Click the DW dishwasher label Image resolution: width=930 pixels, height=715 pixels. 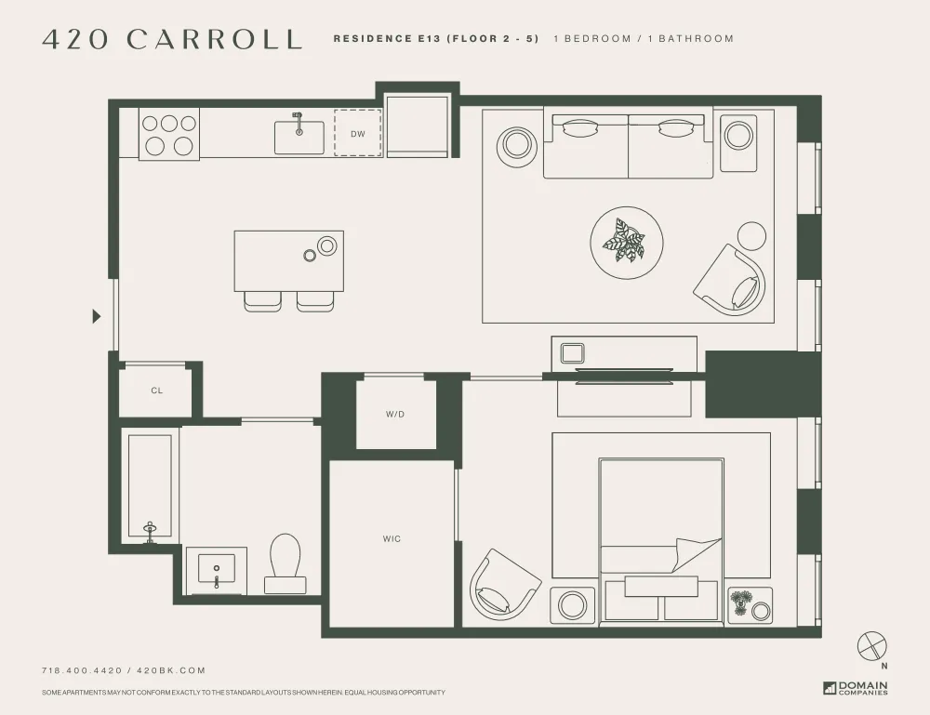(358, 134)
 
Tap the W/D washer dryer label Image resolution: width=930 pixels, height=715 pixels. (395, 414)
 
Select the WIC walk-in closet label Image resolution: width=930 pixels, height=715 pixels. (392, 538)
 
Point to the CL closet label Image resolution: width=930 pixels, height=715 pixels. (156, 391)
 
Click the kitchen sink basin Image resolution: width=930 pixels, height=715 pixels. (299, 137)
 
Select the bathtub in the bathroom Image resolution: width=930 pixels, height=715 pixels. (150, 486)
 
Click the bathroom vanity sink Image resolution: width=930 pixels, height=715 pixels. (217, 568)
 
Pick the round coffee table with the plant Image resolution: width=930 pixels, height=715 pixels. (626, 242)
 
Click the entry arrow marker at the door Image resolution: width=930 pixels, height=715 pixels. (96, 316)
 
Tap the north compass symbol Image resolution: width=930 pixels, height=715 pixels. (873, 647)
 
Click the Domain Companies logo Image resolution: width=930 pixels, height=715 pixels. (856, 688)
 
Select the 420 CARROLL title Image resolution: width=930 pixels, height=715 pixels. (173, 39)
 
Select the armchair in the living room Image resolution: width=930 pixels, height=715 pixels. (731, 279)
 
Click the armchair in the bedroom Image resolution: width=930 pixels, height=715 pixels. (504, 583)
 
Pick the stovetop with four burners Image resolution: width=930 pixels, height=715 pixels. (168, 134)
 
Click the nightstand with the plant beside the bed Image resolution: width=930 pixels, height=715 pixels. (750, 605)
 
